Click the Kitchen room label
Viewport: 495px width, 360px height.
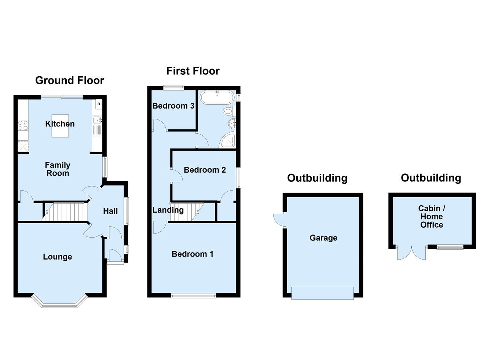point(60,124)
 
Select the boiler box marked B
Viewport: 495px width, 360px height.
point(98,104)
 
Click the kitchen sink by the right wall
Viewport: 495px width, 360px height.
point(97,120)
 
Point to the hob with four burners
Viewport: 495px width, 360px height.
point(23,125)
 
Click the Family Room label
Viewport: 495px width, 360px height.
point(58,169)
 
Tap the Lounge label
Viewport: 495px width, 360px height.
point(57,257)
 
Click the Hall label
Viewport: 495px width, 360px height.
point(110,211)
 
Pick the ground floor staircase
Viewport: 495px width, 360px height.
point(66,212)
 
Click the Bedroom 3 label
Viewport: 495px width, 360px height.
point(173,106)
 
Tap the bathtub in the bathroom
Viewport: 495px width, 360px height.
point(217,98)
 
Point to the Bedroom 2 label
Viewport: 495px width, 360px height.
point(205,170)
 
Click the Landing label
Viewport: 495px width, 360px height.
point(168,210)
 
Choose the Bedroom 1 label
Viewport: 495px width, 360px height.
point(192,254)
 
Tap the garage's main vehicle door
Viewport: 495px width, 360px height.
point(323,293)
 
